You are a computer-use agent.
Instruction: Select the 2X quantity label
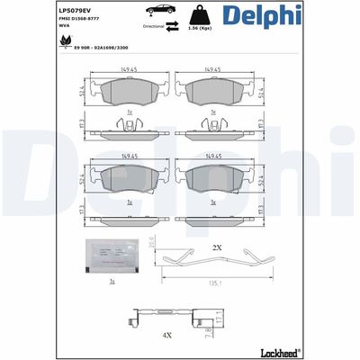pyautogui.click(x=217, y=247)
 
